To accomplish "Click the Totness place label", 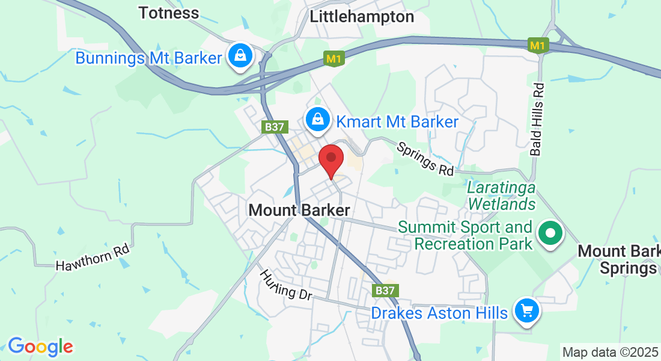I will click(x=168, y=13).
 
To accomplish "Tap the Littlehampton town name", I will click(x=362, y=17).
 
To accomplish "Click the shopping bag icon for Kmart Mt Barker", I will click(x=317, y=120).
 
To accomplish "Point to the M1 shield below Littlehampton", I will click(x=334, y=59).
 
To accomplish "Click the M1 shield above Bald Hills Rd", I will click(x=538, y=45).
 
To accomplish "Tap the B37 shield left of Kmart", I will click(x=276, y=127).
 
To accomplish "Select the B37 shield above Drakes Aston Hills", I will click(x=384, y=291).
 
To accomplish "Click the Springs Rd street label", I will click(x=425, y=159).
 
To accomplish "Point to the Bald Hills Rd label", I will click(x=538, y=119).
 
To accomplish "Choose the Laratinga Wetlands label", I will click(x=501, y=196).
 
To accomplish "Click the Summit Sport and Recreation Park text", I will click(x=466, y=235).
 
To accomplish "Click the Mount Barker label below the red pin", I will click(x=299, y=211).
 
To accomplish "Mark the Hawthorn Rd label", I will click(x=93, y=257).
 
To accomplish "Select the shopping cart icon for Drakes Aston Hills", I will click(x=527, y=311).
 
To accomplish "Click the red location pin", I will click(x=330, y=160).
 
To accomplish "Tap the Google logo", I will click(x=40, y=347).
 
